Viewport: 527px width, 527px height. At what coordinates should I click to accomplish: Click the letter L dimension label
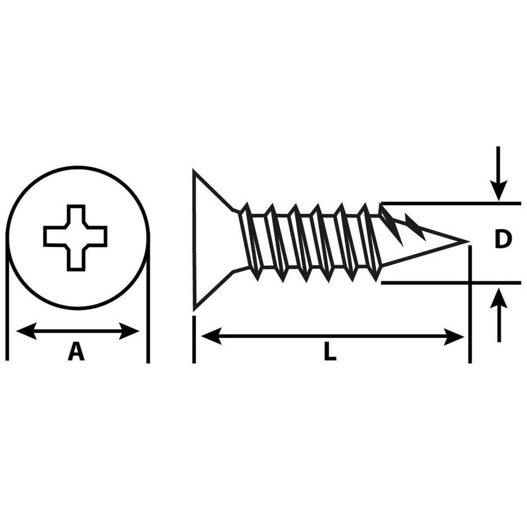pyautogui.click(x=330, y=352)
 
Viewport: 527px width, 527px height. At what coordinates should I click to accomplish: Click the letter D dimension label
pyautogui.click(x=502, y=240)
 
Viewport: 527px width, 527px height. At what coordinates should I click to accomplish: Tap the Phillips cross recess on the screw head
pyautogui.click(x=75, y=238)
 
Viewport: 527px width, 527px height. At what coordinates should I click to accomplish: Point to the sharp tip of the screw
pyautogui.click(x=469, y=242)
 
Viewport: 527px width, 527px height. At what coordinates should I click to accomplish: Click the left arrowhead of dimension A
pyautogui.click(x=26, y=331)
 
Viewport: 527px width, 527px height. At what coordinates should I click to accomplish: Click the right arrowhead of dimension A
pyautogui.click(x=129, y=331)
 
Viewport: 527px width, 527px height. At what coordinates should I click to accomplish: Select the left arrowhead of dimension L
pyautogui.click(x=211, y=336)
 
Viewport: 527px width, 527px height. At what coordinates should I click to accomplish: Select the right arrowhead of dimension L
pyautogui.click(x=454, y=336)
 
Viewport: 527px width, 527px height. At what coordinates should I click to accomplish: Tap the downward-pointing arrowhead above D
pyautogui.click(x=498, y=190)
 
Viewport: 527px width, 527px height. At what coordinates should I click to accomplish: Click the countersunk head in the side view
pyautogui.click(x=213, y=241)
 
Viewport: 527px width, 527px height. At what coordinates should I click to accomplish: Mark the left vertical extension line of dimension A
pyautogui.click(x=7, y=298)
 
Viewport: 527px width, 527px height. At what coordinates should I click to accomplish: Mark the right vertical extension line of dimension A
pyautogui.click(x=148, y=298)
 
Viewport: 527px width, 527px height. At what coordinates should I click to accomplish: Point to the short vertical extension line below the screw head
pyautogui.click(x=194, y=339)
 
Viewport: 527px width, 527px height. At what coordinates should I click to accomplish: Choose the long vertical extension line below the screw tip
pyautogui.click(x=470, y=304)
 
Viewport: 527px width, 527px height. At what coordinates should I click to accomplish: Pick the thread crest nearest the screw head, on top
pyautogui.click(x=247, y=204)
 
